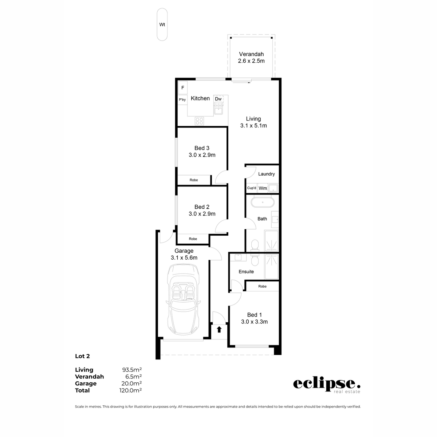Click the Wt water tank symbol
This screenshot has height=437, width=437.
(162, 25)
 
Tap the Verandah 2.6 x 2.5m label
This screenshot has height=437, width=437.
(251, 58)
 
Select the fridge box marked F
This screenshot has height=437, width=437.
(182, 88)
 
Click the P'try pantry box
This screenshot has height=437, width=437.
(182, 99)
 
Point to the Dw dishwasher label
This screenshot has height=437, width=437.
(218, 99)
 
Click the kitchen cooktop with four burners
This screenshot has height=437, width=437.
(199, 121)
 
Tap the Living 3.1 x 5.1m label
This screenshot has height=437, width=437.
(253, 122)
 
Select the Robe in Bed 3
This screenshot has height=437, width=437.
(194, 180)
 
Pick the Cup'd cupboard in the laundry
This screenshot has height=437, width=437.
(252, 188)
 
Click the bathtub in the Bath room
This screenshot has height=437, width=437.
(262, 202)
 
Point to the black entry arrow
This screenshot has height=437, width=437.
(219, 330)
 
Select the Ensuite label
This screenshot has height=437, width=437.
(246, 272)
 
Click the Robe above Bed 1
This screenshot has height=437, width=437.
(262, 286)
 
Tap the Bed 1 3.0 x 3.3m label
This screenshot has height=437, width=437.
(254, 318)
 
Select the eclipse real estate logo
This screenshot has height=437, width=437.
(327, 385)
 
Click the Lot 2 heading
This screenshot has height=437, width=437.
(82, 356)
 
